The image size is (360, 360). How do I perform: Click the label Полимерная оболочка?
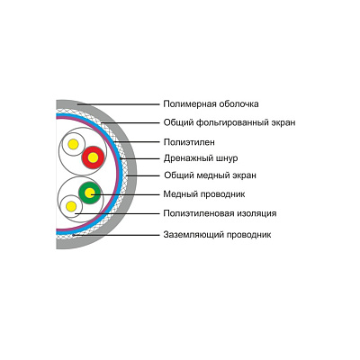(x=211, y=104)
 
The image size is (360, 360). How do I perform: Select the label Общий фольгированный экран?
(x=229, y=122)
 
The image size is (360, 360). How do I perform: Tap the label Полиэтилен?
(x=189, y=142)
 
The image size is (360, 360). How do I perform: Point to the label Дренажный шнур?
(x=201, y=158)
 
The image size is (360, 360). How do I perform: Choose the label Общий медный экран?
(x=210, y=175)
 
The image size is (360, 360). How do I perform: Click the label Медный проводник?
(x=204, y=194)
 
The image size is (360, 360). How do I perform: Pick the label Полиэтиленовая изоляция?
(x=220, y=213)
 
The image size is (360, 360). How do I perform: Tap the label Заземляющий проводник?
(x=217, y=234)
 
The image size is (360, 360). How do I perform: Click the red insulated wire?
(x=93, y=157)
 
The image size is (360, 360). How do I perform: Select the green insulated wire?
(x=89, y=193)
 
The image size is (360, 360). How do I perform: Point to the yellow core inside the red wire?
(x=93, y=157)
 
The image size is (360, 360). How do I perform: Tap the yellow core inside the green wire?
(x=89, y=193)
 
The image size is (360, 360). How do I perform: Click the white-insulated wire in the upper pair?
(x=73, y=145)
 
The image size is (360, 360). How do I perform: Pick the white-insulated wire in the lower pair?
(x=71, y=206)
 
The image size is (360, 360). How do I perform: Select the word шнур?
(x=227, y=158)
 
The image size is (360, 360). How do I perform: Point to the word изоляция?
(x=256, y=213)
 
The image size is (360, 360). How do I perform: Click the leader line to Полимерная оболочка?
(x=119, y=104)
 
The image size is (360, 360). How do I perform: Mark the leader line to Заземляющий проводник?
(x=116, y=235)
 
